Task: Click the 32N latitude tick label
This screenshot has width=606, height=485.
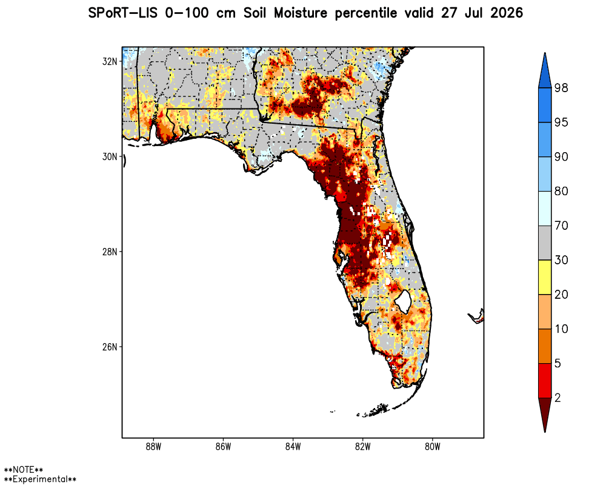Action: [x=110, y=61]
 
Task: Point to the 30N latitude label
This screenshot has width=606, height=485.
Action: [x=110, y=156]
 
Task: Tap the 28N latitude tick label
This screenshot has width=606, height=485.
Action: [x=110, y=252]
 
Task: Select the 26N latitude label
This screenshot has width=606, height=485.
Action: [x=110, y=347]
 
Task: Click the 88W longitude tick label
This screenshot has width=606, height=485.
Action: [x=153, y=447]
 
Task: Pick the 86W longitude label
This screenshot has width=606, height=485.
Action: [x=224, y=447]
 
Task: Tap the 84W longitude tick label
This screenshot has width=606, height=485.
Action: [x=293, y=447]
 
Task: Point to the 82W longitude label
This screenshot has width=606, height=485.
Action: [x=362, y=447]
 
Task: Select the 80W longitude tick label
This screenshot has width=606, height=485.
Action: [x=433, y=447]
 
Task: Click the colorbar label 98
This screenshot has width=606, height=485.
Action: [x=561, y=88]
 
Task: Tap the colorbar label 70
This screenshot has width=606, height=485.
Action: [x=561, y=226]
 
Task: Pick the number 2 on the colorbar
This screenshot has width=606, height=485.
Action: [x=558, y=398]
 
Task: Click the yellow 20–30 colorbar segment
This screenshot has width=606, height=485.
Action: [x=545, y=277]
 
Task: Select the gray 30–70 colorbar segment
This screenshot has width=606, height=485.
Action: [x=545, y=243]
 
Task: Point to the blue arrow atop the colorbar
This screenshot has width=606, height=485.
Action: [x=545, y=71]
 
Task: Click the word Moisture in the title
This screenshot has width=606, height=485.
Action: [x=301, y=13]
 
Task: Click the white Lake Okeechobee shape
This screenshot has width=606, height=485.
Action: [x=403, y=301]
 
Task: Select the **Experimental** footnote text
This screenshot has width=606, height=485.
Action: [x=40, y=479]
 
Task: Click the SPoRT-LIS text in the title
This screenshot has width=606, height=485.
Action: [x=123, y=13]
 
